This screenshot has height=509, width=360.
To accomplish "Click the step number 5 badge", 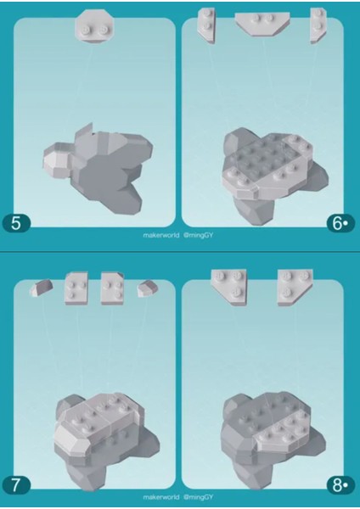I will (x=17, y=224).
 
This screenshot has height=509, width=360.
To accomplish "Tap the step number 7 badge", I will (x=17, y=485).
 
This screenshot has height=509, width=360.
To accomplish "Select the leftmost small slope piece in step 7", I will (x=40, y=288).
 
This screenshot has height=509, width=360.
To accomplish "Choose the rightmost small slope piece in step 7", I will (x=149, y=288).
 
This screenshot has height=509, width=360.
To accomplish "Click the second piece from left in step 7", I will (x=76, y=288).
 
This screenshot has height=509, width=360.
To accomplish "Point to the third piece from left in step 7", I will (x=113, y=288).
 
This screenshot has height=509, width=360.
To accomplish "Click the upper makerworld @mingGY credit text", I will (x=179, y=241).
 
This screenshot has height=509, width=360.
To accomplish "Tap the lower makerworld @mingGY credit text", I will (x=179, y=500).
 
